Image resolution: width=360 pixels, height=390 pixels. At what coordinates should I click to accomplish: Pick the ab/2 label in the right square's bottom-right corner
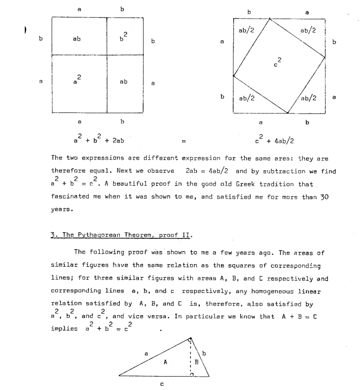309,98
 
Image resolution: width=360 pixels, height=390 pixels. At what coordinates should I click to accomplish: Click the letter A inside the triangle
165,362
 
